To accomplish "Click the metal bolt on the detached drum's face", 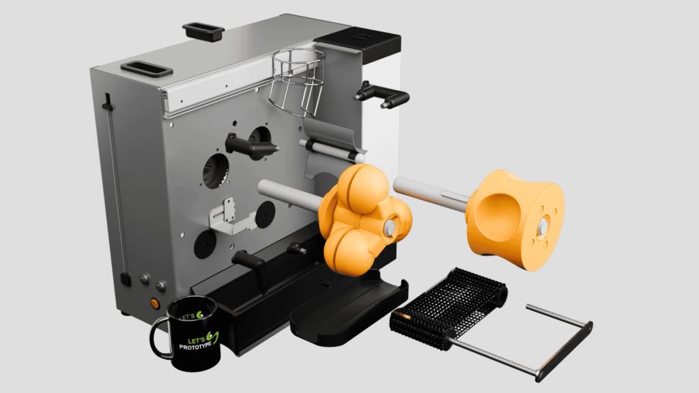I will click(x=543, y=225).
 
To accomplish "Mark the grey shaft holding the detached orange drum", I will click(x=430, y=192).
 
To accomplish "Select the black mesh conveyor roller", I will click(x=451, y=306).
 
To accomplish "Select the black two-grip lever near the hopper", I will click(x=382, y=96).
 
